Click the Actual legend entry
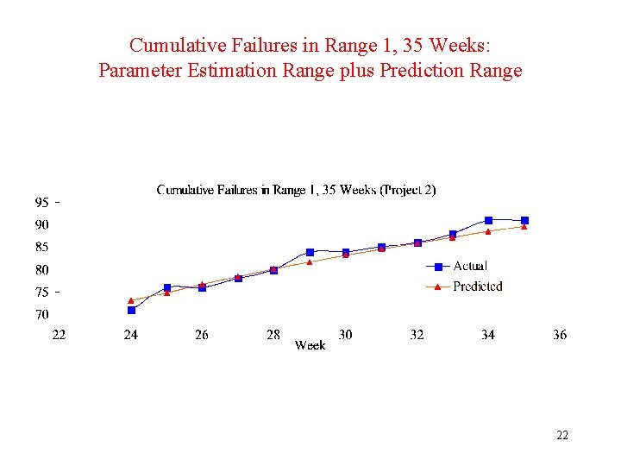pos(469,266)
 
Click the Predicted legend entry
pos(476,287)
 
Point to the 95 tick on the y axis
pos(41,203)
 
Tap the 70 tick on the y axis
pos(41,315)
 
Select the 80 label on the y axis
pos(41,270)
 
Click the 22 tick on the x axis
pos(59,335)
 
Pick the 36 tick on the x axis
pos(560,335)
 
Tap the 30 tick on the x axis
pos(345,335)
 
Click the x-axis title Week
pos(310,345)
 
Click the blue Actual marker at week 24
pos(131,310)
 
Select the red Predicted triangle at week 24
pos(131,300)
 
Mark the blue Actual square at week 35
pos(524,221)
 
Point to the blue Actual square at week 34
pos(488,220)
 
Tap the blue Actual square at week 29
pos(310,252)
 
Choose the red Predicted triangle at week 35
pos(524,227)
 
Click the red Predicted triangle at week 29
pos(310,261)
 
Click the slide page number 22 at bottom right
pos(562,436)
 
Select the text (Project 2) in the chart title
pos(407,190)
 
